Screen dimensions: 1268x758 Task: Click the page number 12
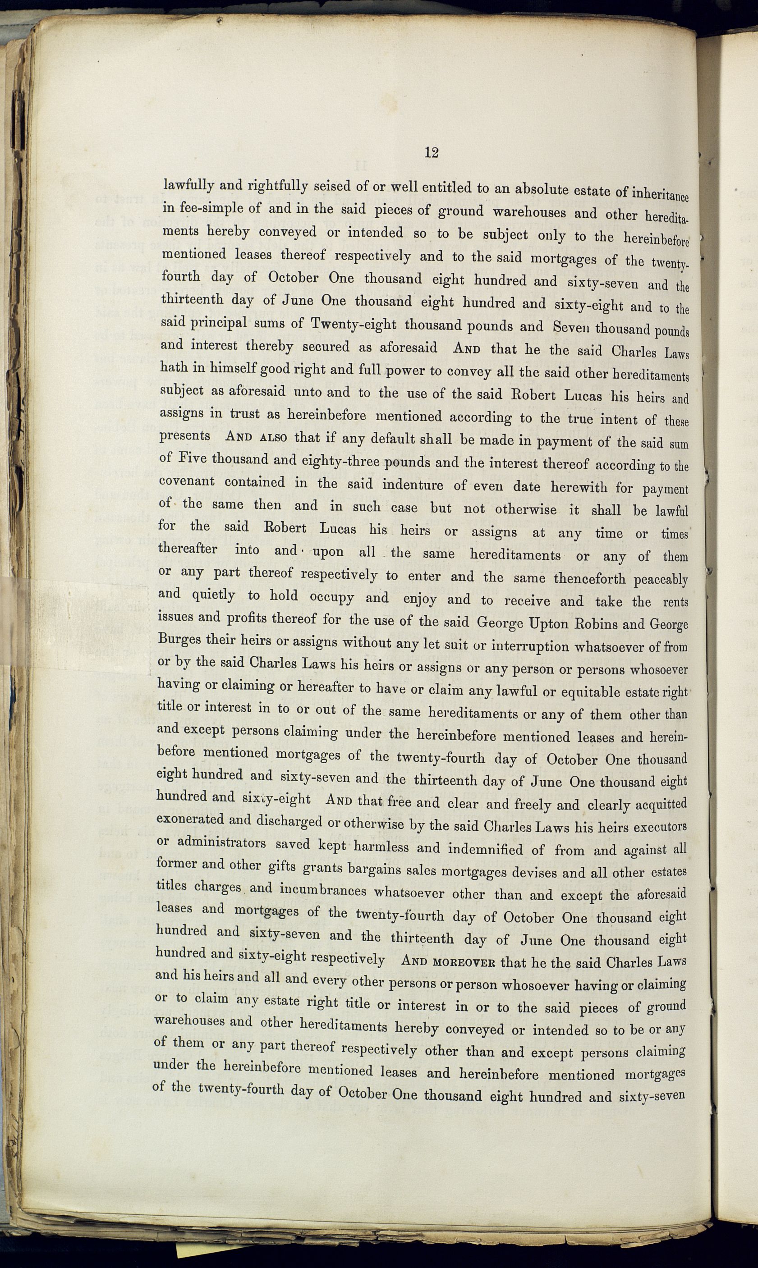pos(431,153)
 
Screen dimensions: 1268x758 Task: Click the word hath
pos(174,367)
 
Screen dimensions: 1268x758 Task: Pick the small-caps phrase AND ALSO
pos(257,438)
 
